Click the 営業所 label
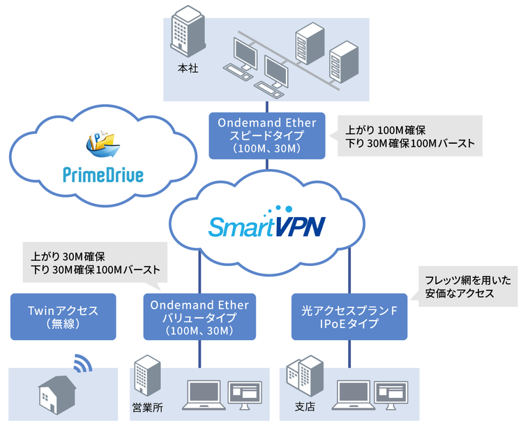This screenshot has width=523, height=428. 148,408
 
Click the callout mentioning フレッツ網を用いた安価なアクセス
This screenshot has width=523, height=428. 467,288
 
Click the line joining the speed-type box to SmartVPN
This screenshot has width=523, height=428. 268,168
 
